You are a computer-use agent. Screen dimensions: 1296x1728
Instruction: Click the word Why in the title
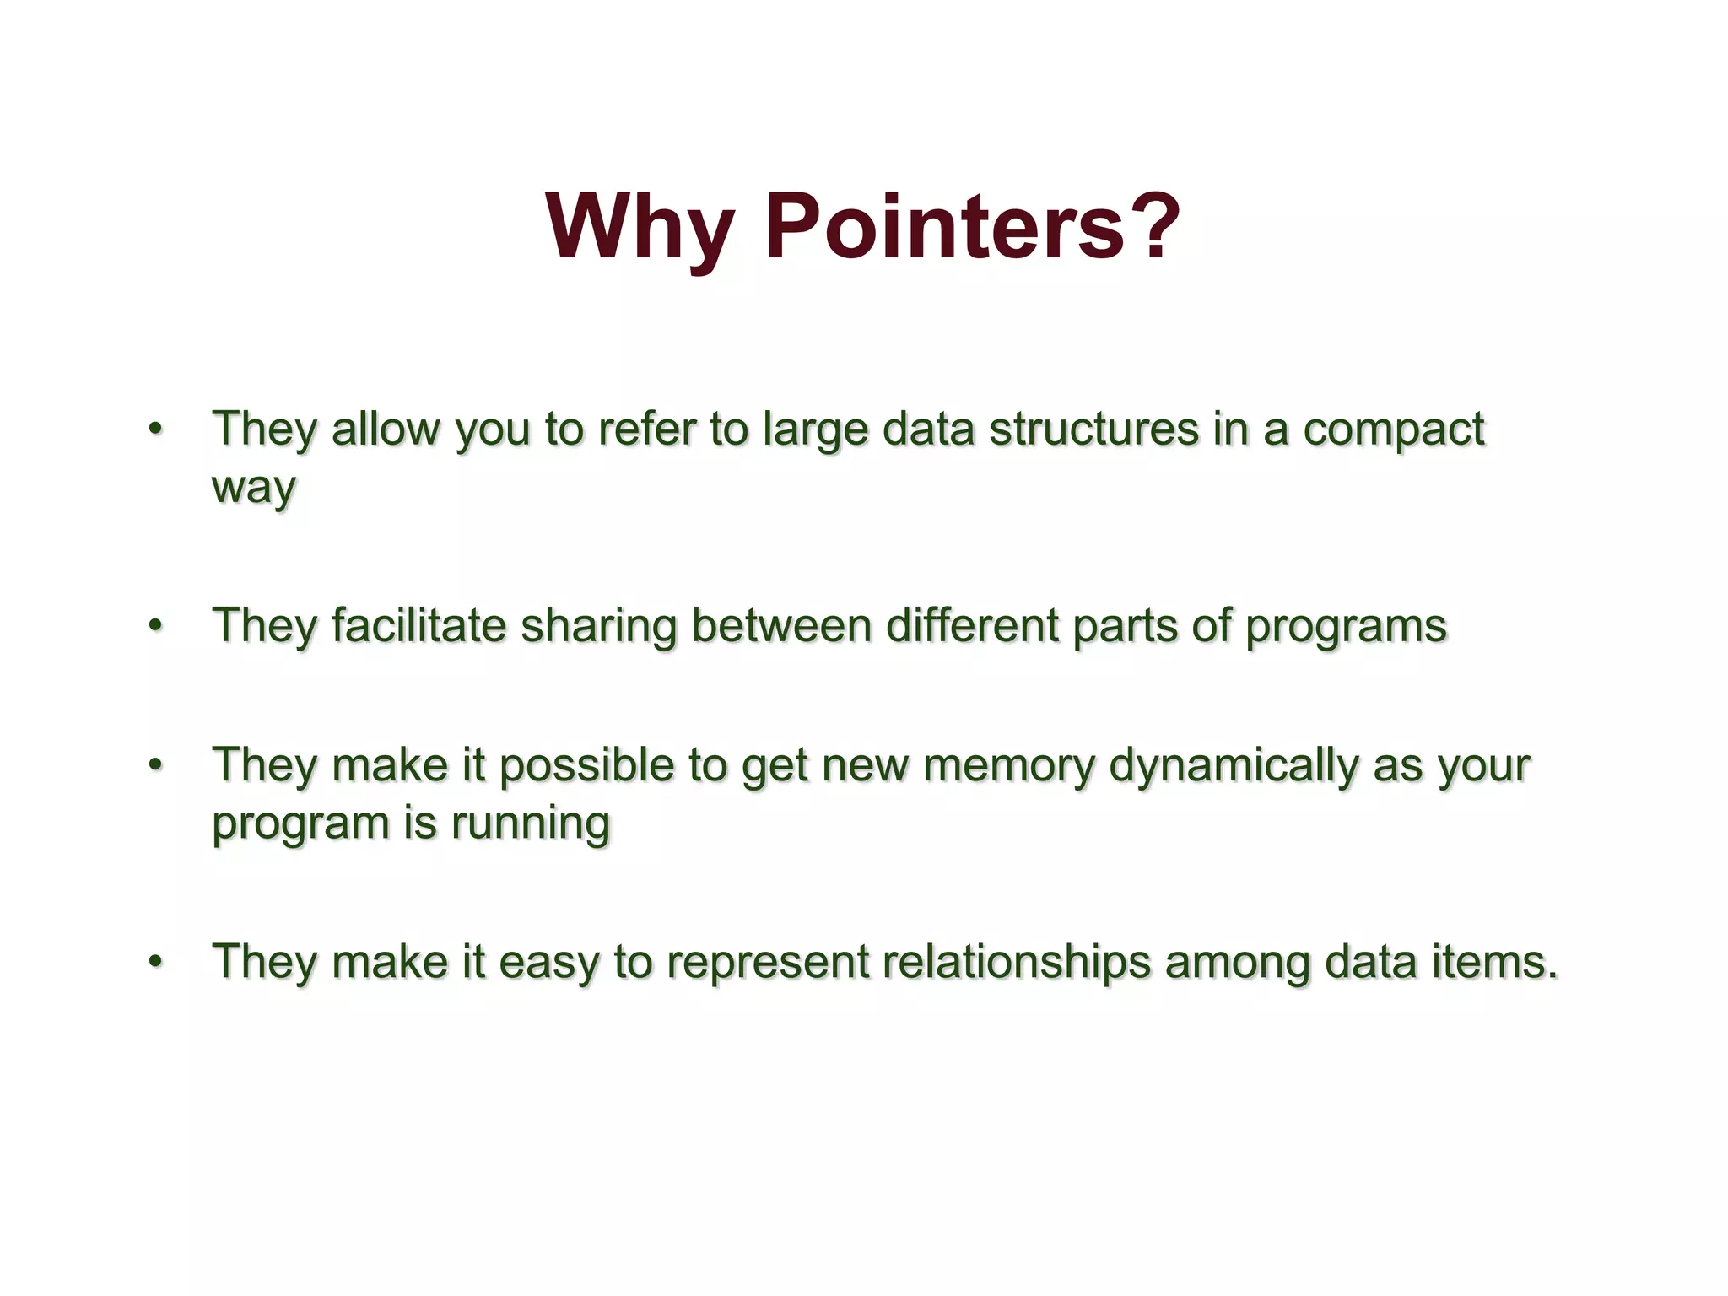[x=639, y=226]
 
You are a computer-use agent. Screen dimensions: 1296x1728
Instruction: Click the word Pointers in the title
[x=943, y=226]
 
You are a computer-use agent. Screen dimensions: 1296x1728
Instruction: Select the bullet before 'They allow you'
[x=154, y=429]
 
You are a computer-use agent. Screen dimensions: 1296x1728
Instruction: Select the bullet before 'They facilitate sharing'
[x=154, y=625]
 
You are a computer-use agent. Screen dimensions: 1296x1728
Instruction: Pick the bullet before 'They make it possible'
[x=154, y=764]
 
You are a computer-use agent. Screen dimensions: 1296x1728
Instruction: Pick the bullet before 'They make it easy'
[x=154, y=961]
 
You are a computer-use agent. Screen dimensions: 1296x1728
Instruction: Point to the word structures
[x=1093, y=429]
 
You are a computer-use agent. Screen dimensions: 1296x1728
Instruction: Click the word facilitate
[x=418, y=625]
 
